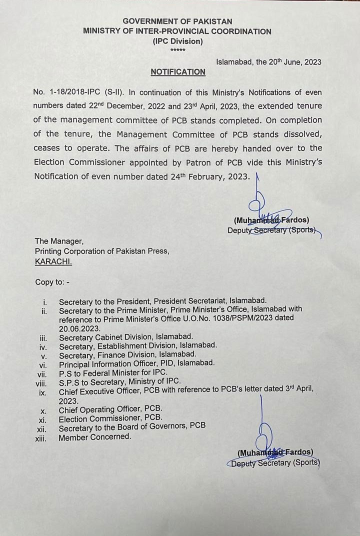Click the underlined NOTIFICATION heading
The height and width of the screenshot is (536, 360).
[178, 72]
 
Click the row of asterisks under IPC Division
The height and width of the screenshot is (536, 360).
[177, 51]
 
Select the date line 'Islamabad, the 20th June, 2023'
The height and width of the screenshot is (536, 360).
[268, 62]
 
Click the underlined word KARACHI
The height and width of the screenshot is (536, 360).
[53, 261]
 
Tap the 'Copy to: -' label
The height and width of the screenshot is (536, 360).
[52, 282]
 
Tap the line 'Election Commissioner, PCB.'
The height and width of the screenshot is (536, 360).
[110, 417]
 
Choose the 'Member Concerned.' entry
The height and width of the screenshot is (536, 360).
[94, 436]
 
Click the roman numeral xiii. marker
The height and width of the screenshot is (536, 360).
[43, 437]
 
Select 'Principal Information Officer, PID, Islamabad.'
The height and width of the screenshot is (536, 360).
[137, 362]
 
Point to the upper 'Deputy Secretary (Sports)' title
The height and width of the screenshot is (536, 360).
[272, 230]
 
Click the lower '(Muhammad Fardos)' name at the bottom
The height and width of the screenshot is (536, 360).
[275, 452]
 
